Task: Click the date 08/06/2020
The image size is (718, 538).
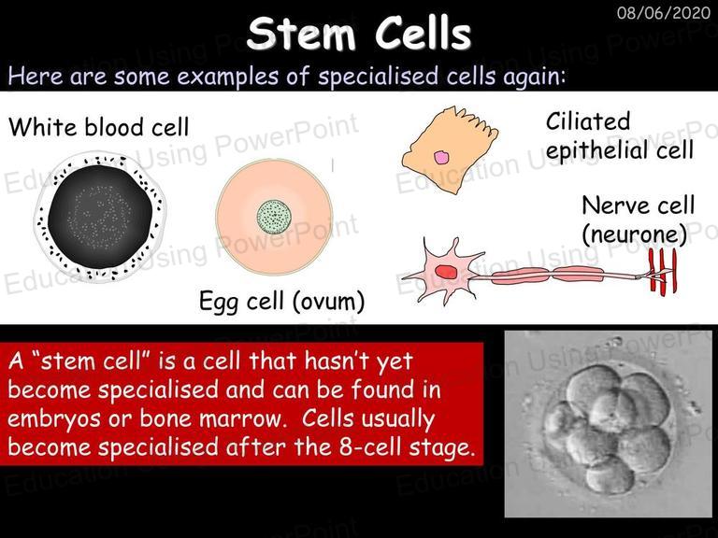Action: coord(664,12)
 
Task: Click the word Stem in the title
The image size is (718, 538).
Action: coord(301,34)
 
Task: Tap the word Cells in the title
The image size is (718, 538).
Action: coord(424,34)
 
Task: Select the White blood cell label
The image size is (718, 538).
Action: coord(98,127)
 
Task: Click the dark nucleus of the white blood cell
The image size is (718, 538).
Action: coord(100,217)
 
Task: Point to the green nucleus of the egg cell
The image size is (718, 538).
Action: coord(274,217)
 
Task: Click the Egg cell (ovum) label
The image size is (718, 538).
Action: coord(281,302)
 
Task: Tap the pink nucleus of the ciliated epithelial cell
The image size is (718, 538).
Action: coord(441,158)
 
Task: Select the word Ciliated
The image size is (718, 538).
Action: coord(588,121)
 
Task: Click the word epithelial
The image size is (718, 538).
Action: coord(598,150)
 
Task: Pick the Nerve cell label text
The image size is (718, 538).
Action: coord(639,205)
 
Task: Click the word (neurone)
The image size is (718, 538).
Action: coord(635,234)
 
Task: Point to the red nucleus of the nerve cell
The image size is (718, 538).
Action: coord(446,272)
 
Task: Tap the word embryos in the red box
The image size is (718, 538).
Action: coord(53,419)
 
